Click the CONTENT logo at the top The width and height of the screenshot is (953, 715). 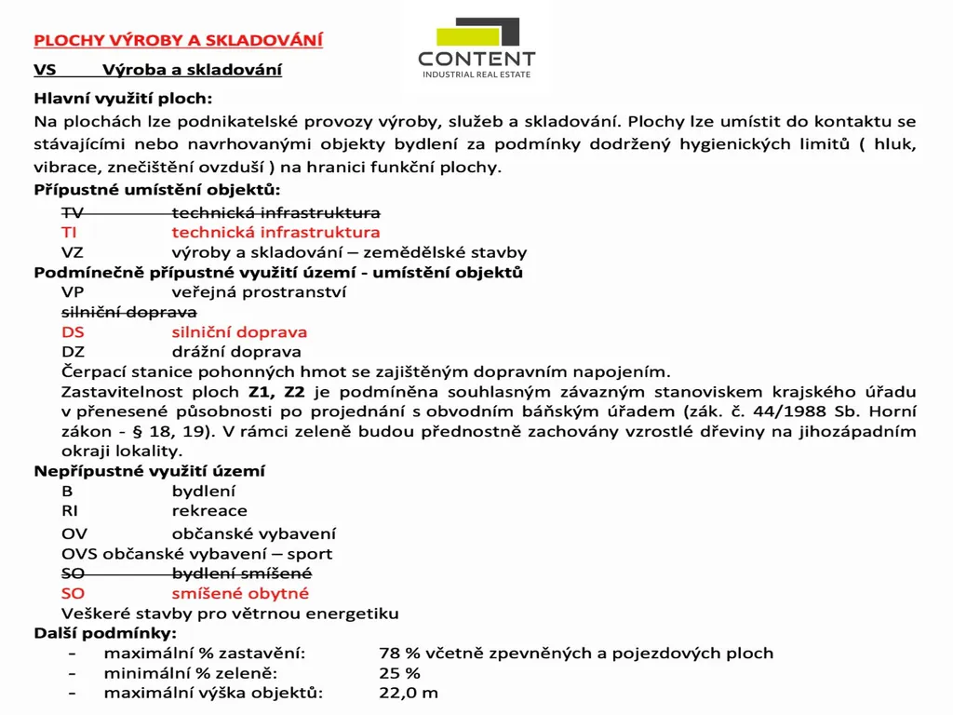pyautogui.click(x=476, y=48)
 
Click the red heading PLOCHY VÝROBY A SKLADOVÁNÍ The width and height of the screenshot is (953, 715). pyautogui.click(x=178, y=40)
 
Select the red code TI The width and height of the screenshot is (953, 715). pyautogui.click(x=69, y=232)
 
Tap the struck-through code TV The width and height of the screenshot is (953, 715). pyautogui.click(x=72, y=212)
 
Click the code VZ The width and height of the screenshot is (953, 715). pyautogui.click(x=72, y=252)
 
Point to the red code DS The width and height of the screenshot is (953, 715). pyautogui.click(x=73, y=332)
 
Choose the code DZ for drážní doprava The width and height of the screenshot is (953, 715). pyautogui.click(x=73, y=352)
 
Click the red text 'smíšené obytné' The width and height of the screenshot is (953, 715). pyautogui.click(x=240, y=593)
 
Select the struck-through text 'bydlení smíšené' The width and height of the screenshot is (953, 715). pyautogui.click(x=242, y=573)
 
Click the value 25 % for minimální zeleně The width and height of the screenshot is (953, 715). pyautogui.click(x=399, y=673)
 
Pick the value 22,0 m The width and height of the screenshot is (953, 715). pyautogui.click(x=408, y=693)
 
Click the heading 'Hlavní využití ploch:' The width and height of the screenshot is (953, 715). pyautogui.click(x=123, y=98)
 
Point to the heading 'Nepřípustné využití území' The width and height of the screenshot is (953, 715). pyautogui.click(x=149, y=471)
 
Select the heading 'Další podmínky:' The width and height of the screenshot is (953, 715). pyautogui.click(x=105, y=633)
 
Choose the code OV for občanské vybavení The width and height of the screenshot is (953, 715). pyautogui.click(x=74, y=534)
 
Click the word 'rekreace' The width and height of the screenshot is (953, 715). pyautogui.click(x=209, y=511)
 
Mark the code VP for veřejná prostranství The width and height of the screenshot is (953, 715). pyautogui.click(x=73, y=292)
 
